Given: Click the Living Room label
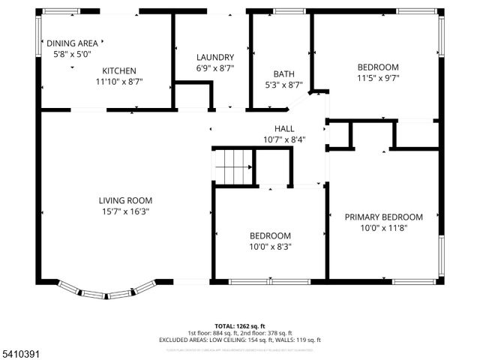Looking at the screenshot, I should (x=125, y=200).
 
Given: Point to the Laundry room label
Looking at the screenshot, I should (x=215, y=58).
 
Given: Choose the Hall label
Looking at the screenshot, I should (x=283, y=128).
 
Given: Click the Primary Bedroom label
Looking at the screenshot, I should (x=383, y=217).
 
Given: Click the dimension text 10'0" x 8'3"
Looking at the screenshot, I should (x=270, y=246).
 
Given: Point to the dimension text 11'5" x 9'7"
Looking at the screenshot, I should (x=377, y=77).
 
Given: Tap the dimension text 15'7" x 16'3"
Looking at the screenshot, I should (x=125, y=211).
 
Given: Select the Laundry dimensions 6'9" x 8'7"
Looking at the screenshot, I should (x=215, y=68).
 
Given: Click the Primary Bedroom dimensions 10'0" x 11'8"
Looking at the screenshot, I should (x=383, y=228).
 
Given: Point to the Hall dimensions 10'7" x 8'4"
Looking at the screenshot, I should (x=283, y=139).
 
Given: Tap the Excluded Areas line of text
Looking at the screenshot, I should (x=239, y=340).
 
